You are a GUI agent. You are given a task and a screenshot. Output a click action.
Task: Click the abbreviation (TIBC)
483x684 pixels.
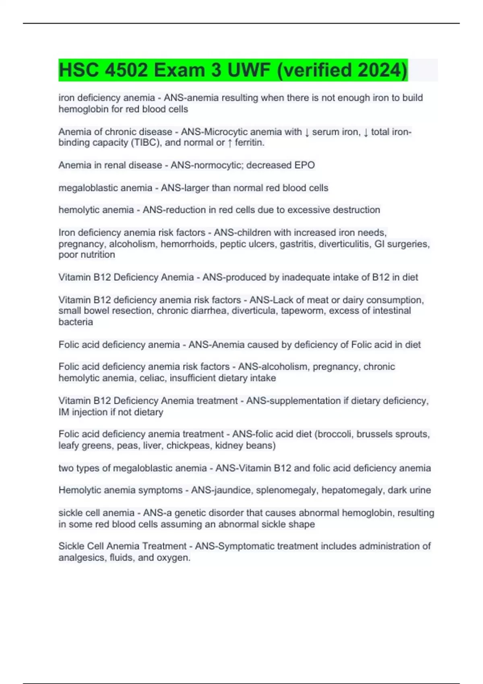(x=145, y=143)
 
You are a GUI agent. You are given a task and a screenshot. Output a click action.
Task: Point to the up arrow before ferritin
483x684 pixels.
(x=229, y=143)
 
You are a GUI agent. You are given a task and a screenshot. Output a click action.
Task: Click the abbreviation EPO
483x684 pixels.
(x=305, y=165)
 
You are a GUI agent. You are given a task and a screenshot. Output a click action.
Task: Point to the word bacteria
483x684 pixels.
(x=76, y=322)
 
